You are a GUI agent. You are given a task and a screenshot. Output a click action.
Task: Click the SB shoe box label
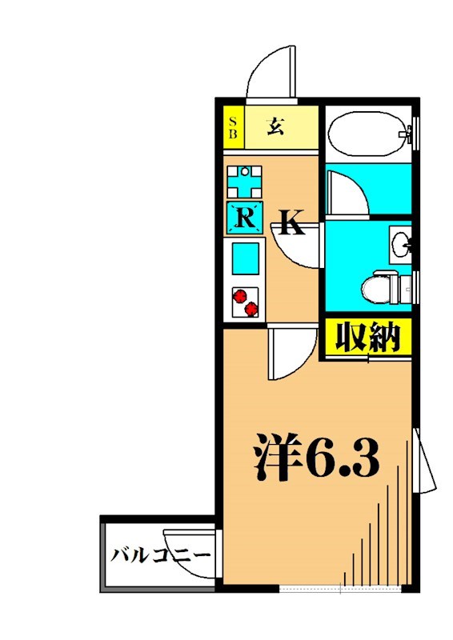pyautogui.click(x=234, y=128)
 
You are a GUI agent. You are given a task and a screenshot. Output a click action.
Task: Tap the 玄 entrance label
pyautogui.click(x=276, y=126)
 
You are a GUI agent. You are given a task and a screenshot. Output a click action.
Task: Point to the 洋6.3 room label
pyautogui.click(x=315, y=457)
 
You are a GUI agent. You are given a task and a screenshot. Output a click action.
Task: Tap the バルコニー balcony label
pyautogui.click(x=160, y=555)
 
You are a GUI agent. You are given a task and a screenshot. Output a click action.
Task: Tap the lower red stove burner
pyautogui.click(x=252, y=309)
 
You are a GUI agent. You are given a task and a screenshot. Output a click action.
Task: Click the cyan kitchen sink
pyautogui.click(x=245, y=258)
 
